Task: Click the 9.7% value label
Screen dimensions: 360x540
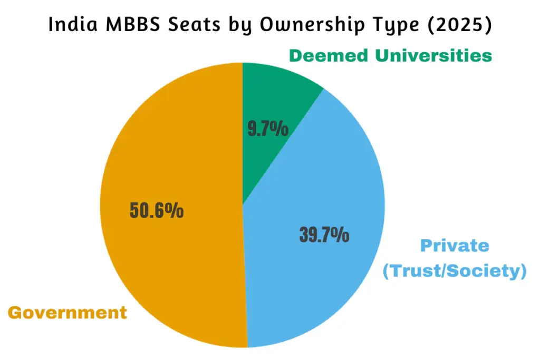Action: point(268,129)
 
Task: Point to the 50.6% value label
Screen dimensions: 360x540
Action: point(157,211)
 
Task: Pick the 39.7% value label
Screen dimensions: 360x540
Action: point(324,235)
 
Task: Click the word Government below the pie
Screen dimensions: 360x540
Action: point(67,313)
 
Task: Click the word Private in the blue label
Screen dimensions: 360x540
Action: point(455,246)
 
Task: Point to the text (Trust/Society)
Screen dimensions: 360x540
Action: point(455,271)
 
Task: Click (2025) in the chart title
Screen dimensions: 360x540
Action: point(465,25)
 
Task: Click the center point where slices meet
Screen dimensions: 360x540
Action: point(243,205)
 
